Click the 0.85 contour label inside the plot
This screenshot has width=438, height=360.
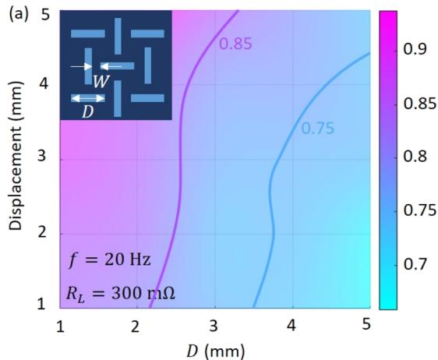click(235, 44)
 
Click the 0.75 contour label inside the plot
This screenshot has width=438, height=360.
click(318, 129)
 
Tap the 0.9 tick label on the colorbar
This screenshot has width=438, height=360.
click(415, 49)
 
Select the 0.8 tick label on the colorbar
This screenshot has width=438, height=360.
click(415, 157)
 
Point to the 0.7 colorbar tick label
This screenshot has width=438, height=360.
click(415, 264)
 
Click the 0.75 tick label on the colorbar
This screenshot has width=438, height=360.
click(419, 210)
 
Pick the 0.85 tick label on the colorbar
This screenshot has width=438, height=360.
click(419, 103)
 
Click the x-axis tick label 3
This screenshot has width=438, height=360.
click(214, 326)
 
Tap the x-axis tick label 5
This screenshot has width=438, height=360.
click(366, 325)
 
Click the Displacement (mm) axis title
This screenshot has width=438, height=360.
click(16, 156)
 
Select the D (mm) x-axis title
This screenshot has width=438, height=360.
click(215, 351)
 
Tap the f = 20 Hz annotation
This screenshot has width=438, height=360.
click(109, 259)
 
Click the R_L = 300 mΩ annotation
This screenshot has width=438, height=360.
click(120, 294)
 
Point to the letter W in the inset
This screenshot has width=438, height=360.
click(101, 82)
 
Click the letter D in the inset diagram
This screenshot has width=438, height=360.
click(87, 112)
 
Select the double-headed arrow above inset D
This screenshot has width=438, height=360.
click(88, 98)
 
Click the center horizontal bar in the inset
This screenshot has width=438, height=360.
click(117, 66)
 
